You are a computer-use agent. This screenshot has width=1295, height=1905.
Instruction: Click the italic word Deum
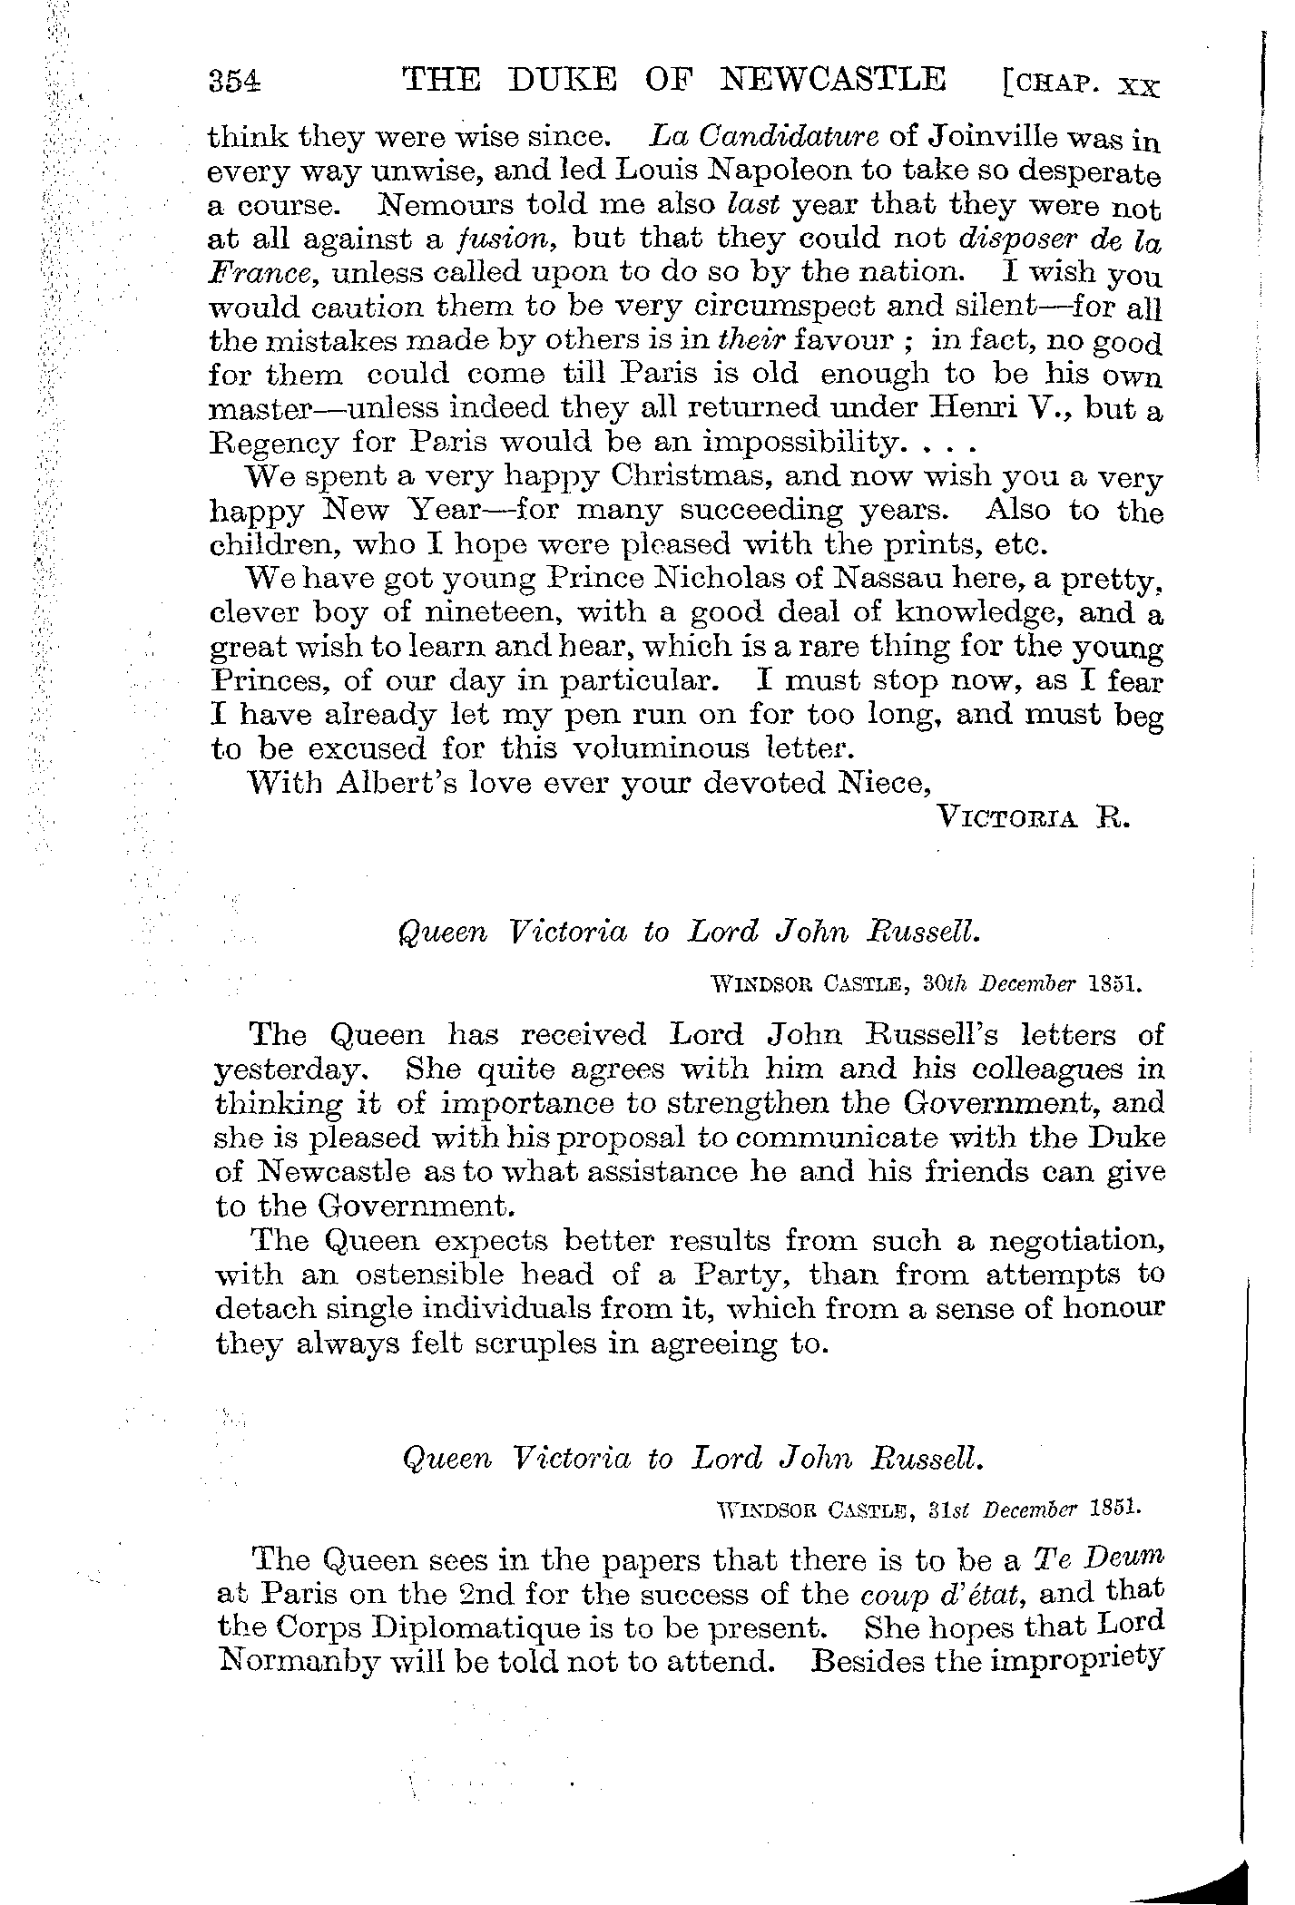click(1121, 1558)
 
